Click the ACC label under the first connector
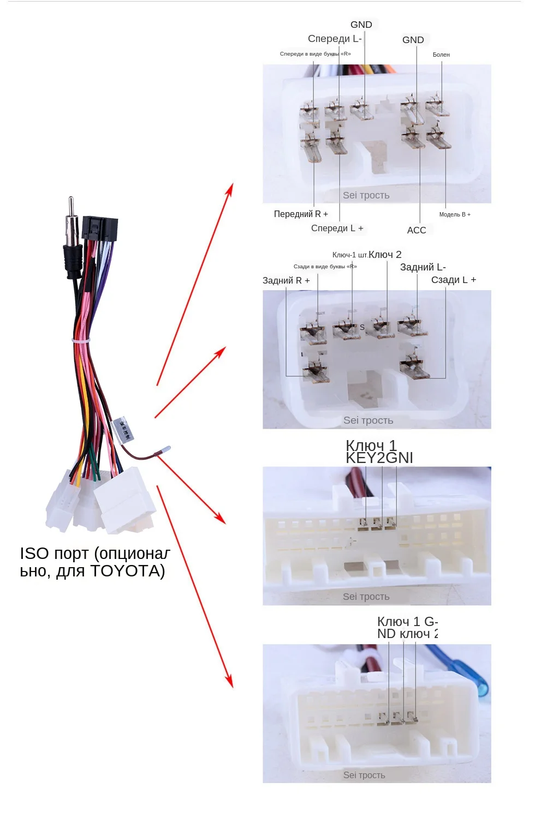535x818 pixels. point(417,230)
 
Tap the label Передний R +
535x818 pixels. point(301,214)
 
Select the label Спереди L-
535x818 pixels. point(335,39)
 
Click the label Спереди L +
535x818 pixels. point(337,228)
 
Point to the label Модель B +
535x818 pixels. point(455,214)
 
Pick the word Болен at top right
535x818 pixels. point(441,55)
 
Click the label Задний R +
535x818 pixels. point(286,280)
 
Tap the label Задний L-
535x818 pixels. point(423,267)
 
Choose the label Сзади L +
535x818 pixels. point(454,280)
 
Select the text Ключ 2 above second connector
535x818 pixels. point(385,255)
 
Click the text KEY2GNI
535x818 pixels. point(379,458)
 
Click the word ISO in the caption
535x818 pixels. point(34,554)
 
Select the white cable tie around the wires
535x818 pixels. point(82,340)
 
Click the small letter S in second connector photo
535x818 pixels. point(362,327)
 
